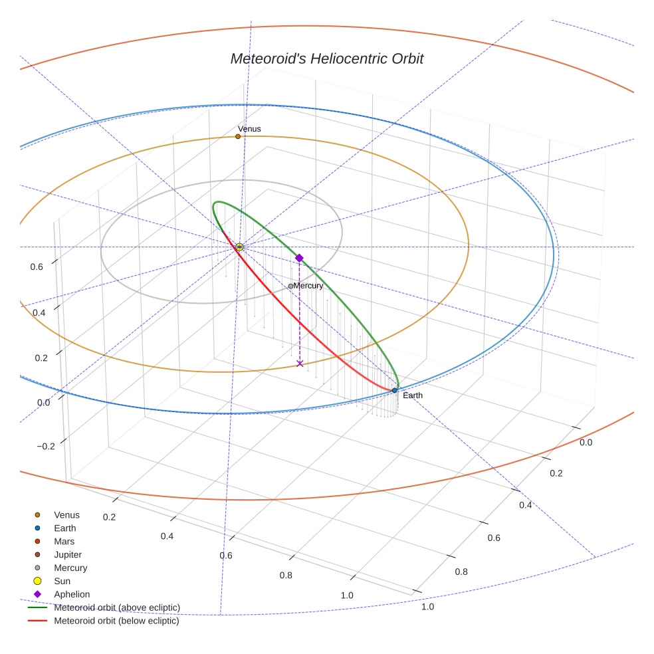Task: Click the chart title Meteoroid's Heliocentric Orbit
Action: coord(326,58)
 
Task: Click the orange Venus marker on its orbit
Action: coord(238,136)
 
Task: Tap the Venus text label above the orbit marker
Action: coord(249,128)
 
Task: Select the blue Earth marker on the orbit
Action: coord(394,390)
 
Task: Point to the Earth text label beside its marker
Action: coord(412,395)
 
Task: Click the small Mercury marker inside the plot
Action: coord(290,286)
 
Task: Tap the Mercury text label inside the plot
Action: coord(308,286)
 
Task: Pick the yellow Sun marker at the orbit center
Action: coord(239,247)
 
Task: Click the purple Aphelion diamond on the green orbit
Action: coord(299,258)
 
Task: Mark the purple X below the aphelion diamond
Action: coord(300,364)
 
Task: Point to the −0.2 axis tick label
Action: coord(46,446)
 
